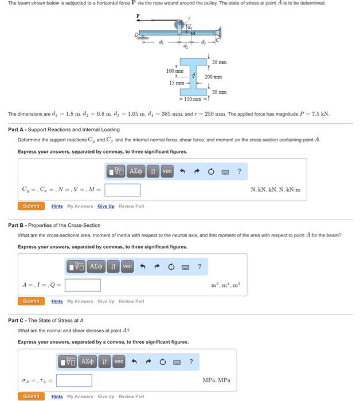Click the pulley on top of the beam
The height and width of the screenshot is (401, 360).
click(179, 26)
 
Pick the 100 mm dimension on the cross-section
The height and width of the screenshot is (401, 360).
click(174, 70)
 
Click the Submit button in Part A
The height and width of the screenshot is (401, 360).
click(31, 206)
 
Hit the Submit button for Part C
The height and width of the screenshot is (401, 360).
click(31, 396)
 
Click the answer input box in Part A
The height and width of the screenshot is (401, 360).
click(122, 190)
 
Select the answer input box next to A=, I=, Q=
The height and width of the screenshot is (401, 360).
click(83, 285)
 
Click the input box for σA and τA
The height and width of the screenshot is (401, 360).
click(74, 380)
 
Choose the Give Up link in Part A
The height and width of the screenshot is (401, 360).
click(105, 206)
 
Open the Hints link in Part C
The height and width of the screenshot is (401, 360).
click(57, 396)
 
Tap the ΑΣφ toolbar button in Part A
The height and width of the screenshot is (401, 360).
click(136, 171)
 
